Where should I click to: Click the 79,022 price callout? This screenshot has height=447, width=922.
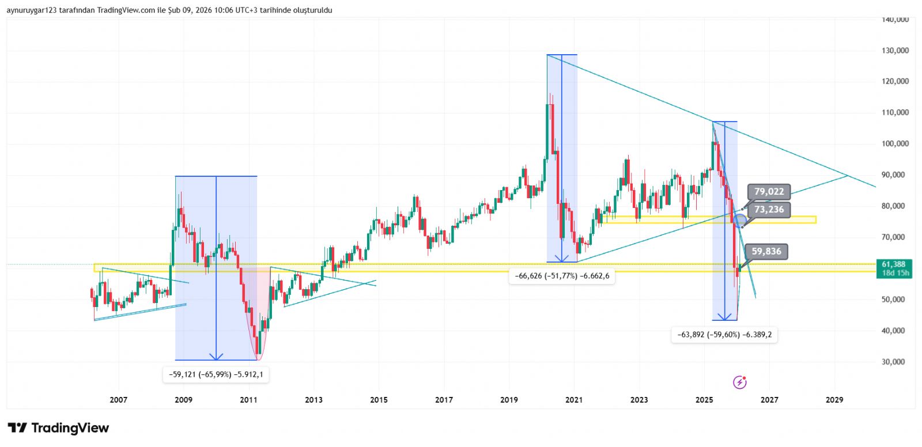point(769,192)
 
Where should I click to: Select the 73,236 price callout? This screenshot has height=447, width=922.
point(769,210)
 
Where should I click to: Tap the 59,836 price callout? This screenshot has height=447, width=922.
point(766,252)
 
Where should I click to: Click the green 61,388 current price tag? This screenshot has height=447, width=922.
point(893,264)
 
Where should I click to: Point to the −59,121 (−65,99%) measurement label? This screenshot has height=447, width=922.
point(216,374)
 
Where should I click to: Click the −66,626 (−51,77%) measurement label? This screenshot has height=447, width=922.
point(562,276)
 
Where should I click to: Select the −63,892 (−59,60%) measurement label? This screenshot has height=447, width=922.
point(724,335)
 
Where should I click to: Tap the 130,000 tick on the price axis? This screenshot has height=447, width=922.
point(895,51)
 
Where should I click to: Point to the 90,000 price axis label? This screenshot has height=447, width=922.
point(895,175)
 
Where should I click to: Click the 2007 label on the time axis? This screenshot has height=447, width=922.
point(118,400)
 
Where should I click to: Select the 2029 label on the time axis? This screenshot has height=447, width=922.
point(834,400)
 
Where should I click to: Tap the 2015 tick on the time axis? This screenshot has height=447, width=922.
point(379,400)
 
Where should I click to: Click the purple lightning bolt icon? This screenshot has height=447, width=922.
point(740,382)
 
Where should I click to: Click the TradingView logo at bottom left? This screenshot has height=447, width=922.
point(58,428)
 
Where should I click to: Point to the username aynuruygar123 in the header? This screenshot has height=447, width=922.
point(31,10)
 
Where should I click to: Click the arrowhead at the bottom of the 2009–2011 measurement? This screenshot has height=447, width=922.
point(216,357)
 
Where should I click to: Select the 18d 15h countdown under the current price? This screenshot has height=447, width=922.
point(895,273)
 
